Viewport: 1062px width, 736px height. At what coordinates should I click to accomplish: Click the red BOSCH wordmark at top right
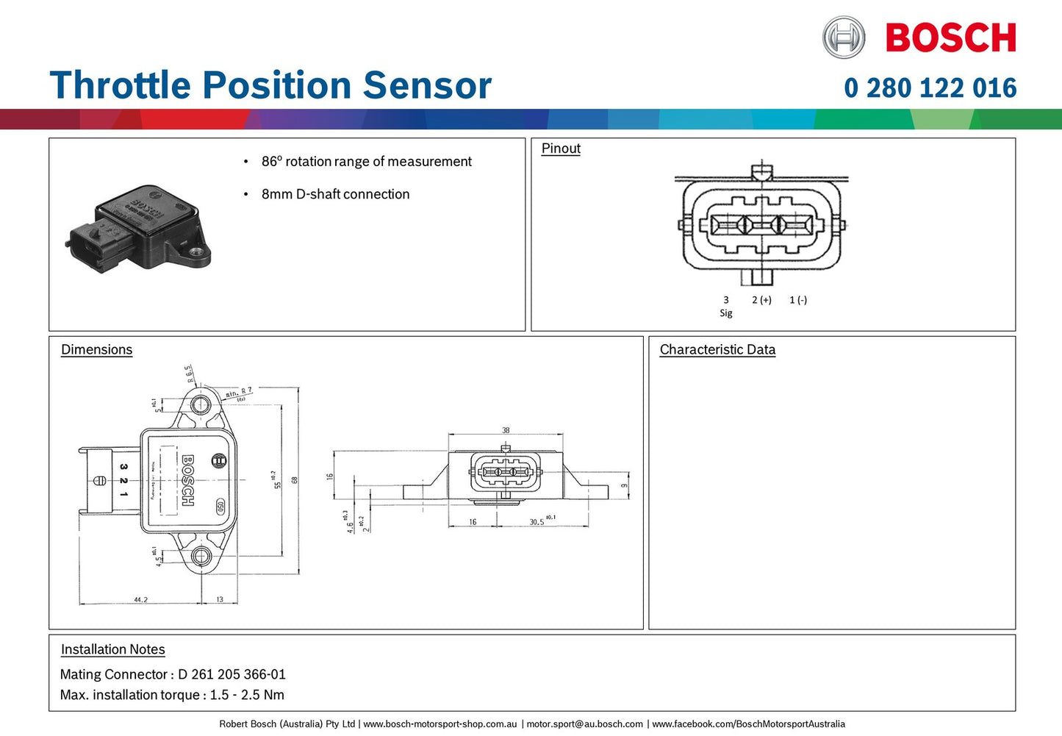coord(950,37)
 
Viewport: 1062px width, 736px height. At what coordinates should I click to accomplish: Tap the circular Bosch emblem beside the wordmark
coord(844,37)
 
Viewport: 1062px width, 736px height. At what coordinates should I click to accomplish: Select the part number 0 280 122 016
coord(930,88)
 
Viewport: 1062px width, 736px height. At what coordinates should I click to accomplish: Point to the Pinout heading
coord(561,149)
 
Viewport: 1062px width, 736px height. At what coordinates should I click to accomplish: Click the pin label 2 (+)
coord(761,300)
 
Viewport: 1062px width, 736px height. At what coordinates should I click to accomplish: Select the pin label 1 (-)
coord(798,300)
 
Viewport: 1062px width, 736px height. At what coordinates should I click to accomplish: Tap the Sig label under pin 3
coord(726,313)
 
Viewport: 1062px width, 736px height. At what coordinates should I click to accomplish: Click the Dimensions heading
coord(96,350)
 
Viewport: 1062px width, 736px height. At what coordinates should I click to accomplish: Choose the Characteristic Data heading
coord(717,350)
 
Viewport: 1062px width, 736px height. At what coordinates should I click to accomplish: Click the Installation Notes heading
coord(112,650)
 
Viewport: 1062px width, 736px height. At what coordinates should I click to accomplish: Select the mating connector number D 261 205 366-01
coord(232,674)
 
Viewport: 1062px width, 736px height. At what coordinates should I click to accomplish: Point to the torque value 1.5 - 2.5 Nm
coord(247,695)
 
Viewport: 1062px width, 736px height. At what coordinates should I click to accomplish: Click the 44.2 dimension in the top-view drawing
coord(140,600)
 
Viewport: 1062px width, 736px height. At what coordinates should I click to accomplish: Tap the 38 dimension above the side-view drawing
coord(506,431)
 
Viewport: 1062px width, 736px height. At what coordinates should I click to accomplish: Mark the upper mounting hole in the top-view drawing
coord(201,404)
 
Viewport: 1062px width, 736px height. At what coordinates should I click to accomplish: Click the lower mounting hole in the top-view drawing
coord(201,556)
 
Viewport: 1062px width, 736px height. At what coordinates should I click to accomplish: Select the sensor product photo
coord(140,228)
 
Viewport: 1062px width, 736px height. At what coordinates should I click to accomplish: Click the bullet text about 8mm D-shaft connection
coord(335,194)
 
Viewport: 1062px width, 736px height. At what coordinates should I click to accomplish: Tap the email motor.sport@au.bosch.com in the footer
coord(584,724)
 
